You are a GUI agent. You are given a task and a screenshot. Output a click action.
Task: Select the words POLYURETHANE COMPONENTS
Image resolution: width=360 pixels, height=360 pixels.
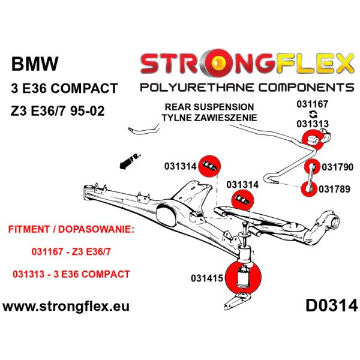[247, 88]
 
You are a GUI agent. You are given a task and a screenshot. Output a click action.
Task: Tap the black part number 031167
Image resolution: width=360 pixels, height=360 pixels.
[313, 103]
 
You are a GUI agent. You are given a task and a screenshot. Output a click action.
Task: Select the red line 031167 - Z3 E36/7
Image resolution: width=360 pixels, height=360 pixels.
[68, 253]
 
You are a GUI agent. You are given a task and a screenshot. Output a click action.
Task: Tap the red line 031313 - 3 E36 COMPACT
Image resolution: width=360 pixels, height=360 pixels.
[70, 274]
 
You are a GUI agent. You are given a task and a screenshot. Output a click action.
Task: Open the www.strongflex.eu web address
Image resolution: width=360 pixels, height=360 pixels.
[66, 307]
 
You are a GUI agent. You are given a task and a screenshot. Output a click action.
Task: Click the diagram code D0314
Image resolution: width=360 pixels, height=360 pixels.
[331, 306]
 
